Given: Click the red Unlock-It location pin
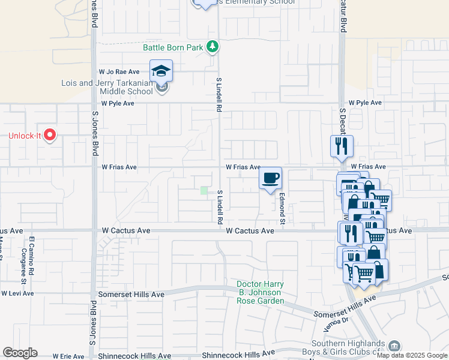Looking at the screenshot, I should pos(50,136).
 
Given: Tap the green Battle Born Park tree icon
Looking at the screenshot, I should pos(211,46).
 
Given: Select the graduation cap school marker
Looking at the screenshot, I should pos(161,71).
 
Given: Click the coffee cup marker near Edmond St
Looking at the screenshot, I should pos(271,178).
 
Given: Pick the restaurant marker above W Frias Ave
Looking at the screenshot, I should pos(342,146).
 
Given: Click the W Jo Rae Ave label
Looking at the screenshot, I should pos(119,71).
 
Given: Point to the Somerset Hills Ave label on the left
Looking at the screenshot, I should pos(131,295).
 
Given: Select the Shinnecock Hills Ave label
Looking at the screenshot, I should pos(238,354).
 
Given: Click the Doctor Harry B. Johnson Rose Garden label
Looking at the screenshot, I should pos(260,292).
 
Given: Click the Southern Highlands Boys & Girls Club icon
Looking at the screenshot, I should pos(394,346).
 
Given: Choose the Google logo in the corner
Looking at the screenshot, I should pos(20,353).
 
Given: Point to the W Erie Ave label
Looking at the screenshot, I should pos(67,356).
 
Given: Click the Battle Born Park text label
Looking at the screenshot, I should pos(173,47).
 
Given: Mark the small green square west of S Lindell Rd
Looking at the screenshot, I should pos(204,191).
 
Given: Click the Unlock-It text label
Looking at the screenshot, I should pos(24,136).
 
